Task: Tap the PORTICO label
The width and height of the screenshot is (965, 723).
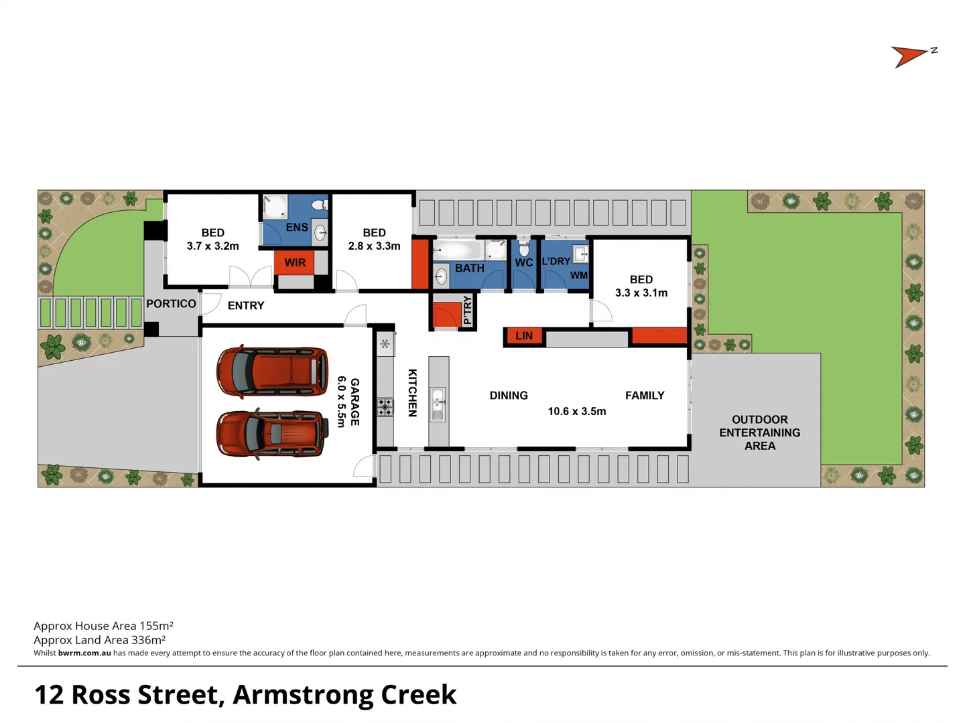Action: pyautogui.click(x=171, y=304)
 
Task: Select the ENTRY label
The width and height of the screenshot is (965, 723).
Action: pyautogui.click(x=246, y=306)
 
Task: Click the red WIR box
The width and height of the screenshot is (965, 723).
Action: pyautogui.click(x=294, y=262)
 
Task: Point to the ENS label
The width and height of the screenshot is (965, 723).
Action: pyautogui.click(x=296, y=228)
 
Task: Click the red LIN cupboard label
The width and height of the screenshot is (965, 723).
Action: pyautogui.click(x=524, y=336)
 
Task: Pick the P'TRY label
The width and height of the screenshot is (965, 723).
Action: pyautogui.click(x=467, y=311)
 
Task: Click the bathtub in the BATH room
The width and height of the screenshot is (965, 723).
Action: pyautogui.click(x=457, y=251)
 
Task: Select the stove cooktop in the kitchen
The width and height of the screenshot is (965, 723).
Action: pyautogui.click(x=385, y=406)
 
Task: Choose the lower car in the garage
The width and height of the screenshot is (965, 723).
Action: pyautogui.click(x=272, y=434)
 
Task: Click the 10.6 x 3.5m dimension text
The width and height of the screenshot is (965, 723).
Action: pyautogui.click(x=576, y=412)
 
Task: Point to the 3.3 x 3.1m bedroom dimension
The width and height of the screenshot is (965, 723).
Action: pyautogui.click(x=641, y=293)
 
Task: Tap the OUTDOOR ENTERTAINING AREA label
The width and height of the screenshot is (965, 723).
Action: pyautogui.click(x=759, y=432)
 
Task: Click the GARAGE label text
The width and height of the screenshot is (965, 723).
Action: pyautogui.click(x=355, y=402)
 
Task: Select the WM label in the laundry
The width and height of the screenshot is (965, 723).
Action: pyautogui.click(x=578, y=276)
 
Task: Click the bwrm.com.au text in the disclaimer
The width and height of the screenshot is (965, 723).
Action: pyautogui.click(x=84, y=653)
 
